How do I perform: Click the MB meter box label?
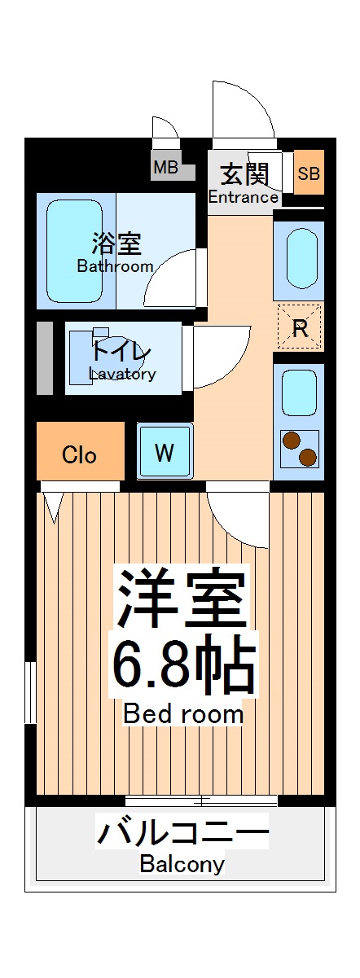166,169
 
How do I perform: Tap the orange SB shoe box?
309,173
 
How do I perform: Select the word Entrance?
243,197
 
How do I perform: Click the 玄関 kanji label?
243,174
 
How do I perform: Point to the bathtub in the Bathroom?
74,250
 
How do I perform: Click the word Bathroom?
115,266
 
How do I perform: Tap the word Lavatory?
122,375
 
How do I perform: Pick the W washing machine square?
165,453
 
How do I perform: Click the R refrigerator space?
300,327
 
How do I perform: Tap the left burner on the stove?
290,442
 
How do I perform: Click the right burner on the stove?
307,457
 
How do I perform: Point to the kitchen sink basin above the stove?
299,393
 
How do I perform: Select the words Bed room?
183,714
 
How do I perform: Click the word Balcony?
182,864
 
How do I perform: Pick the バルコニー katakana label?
182,835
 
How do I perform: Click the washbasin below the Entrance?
300,255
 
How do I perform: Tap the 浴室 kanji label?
116,243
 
